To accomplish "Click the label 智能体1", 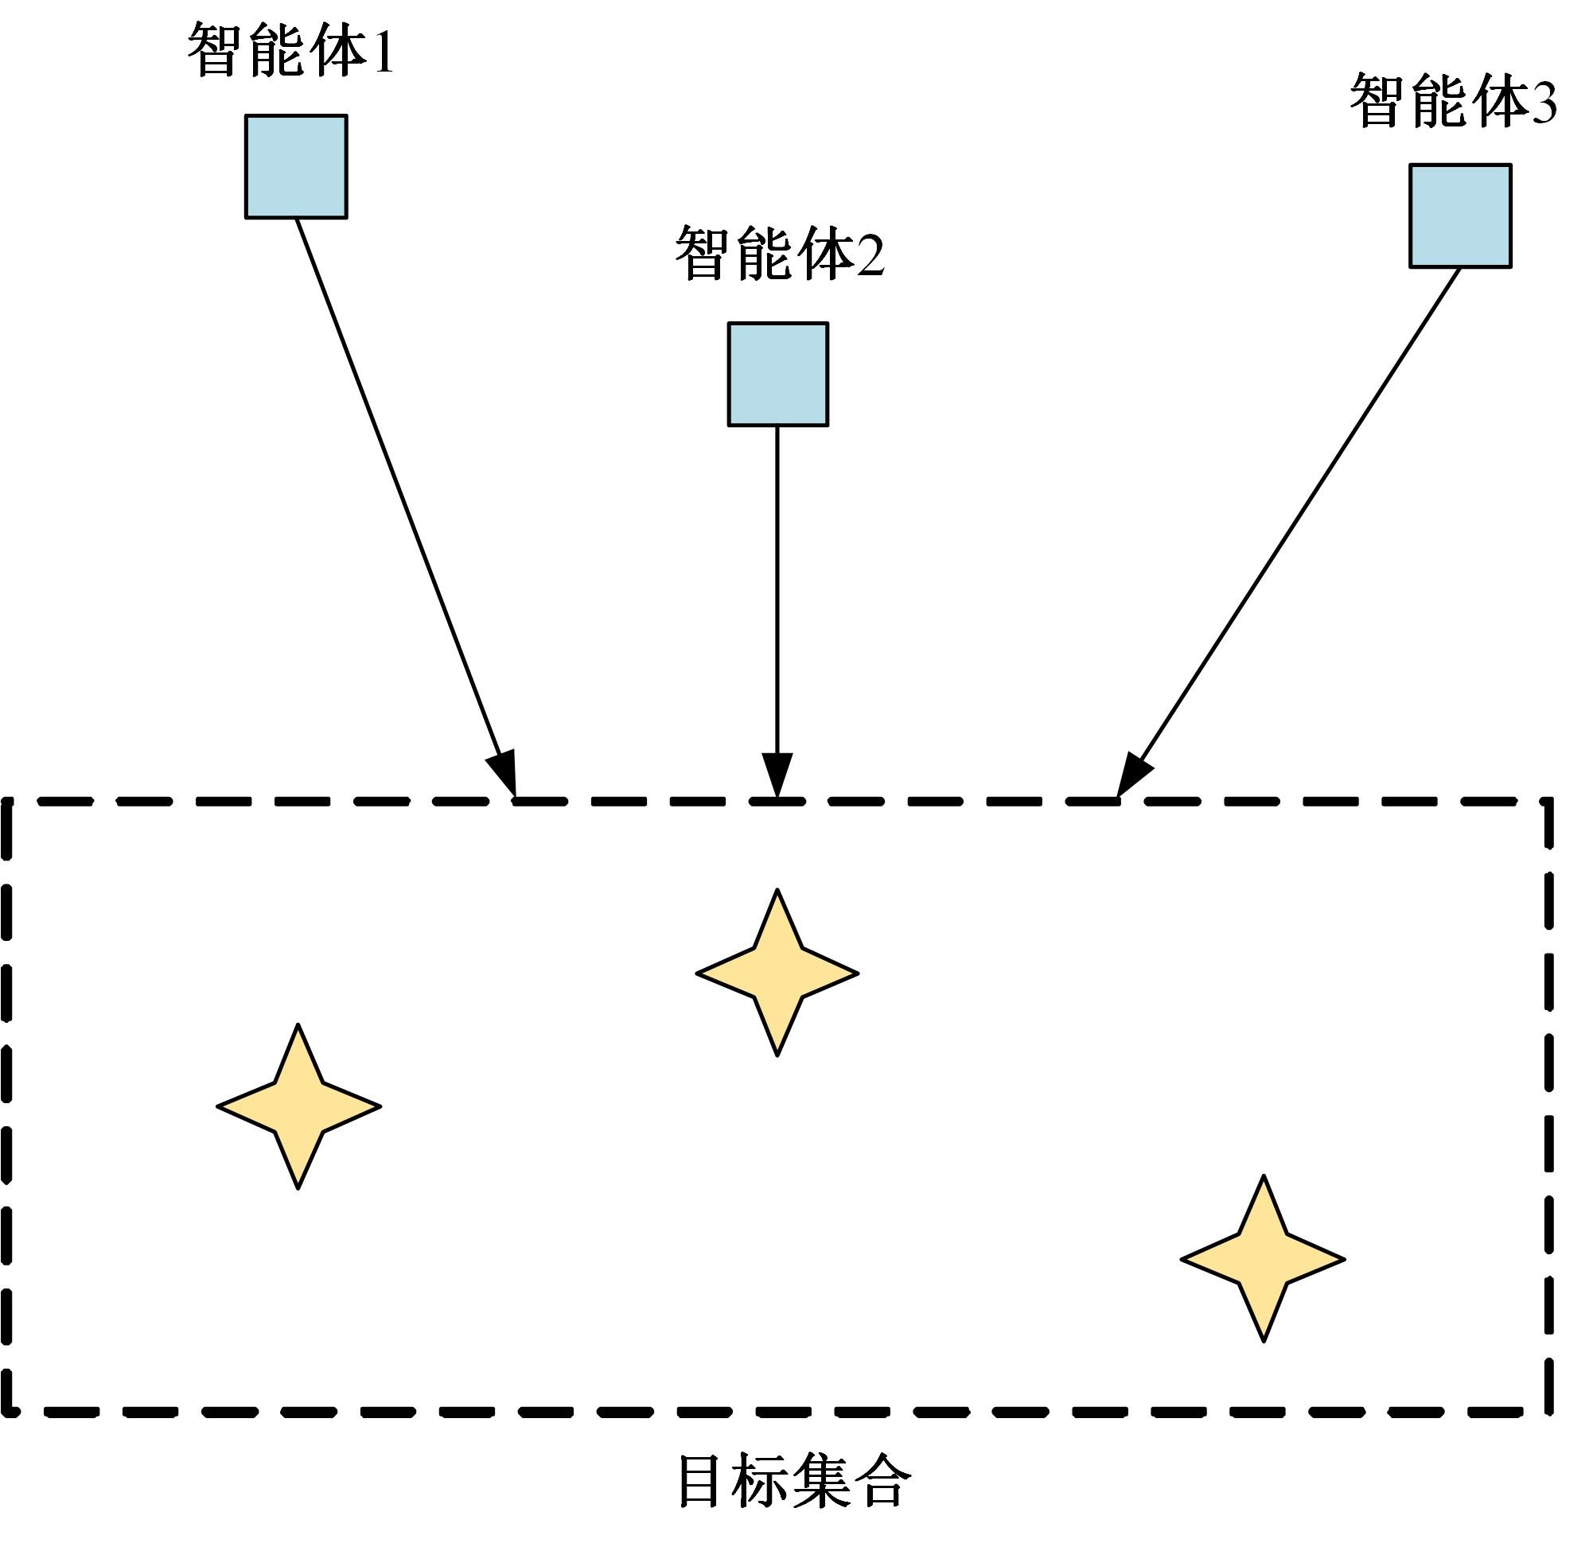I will pos(291,50).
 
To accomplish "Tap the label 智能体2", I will pos(780,254).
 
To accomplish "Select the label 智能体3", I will pos(1452,101).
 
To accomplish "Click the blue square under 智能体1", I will pos(297,166).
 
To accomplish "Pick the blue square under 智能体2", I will pos(778,375).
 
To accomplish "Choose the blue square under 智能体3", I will pos(1461,216).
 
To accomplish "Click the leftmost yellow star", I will pos(299,1106).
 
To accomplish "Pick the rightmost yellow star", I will pos(1263,1259).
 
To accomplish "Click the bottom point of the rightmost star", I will pos(1264,1340).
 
